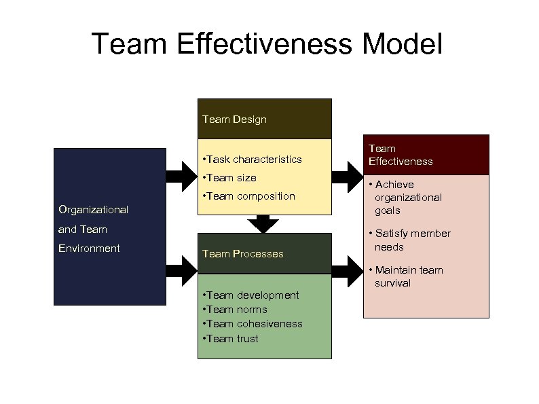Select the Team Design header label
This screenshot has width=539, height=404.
coord(234,120)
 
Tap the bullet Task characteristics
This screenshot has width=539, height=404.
coord(252,160)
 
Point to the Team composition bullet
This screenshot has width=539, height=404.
coord(248,196)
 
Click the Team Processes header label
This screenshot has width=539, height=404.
coord(242,254)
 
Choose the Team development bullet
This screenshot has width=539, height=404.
coord(250,295)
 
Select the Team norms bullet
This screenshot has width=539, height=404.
coord(234,310)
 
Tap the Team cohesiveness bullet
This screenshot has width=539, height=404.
coord(253,324)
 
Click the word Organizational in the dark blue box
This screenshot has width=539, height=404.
coord(93,210)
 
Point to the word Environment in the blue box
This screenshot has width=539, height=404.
coord(89,248)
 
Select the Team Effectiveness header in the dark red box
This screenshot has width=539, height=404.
coord(401,155)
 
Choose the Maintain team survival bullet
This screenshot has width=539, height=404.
coord(408,276)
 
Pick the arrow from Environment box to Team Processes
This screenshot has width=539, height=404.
coord(181,272)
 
